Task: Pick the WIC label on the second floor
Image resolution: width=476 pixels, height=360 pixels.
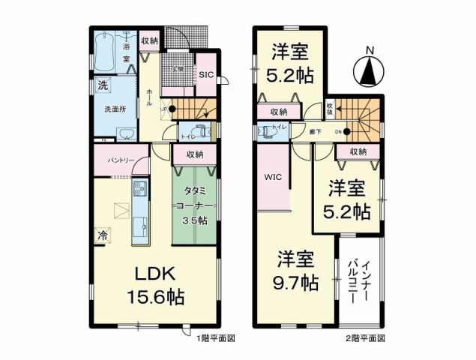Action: click(x=271, y=178)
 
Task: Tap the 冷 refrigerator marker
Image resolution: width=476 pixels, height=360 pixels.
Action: click(x=102, y=235)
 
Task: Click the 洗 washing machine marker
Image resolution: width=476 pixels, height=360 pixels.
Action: click(x=103, y=85)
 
